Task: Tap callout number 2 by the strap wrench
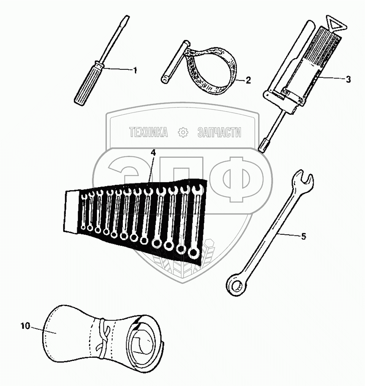click(x=248, y=80)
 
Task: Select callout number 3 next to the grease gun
click(x=348, y=79)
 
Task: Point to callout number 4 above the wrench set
click(x=153, y=152)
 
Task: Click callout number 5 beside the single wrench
click(x=303, y=236)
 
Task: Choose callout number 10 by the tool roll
click(x=25, y=326)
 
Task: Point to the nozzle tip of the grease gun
click(x=263, y=146)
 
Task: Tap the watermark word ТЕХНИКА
click(x=148, y=132)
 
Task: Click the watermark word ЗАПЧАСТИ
click(x=219, y=132)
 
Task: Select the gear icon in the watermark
click(x=183, y=133)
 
